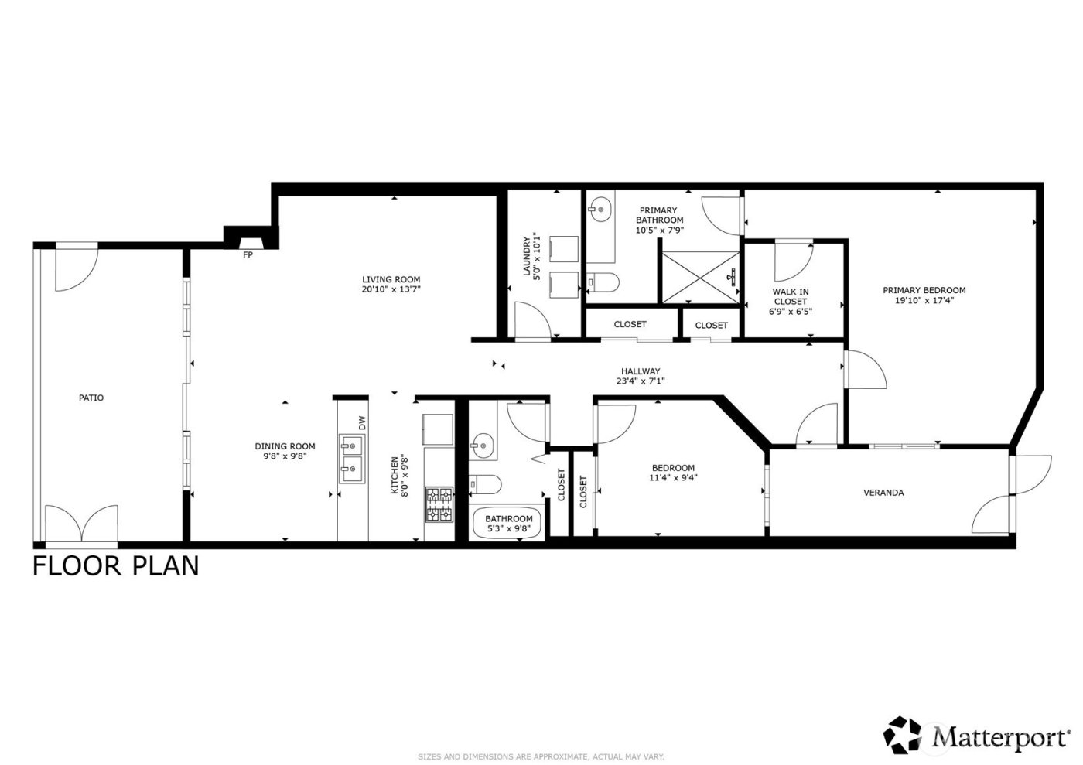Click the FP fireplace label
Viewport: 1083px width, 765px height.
[248, 254]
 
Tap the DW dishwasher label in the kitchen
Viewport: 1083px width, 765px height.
[361, 422]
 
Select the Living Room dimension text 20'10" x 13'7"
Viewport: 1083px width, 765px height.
[391, 290]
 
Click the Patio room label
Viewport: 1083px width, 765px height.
[91, 398]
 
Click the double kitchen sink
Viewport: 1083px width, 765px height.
[353, 457]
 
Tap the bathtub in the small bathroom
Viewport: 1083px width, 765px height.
[508, 524]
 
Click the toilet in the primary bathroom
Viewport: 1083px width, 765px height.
[603, 282]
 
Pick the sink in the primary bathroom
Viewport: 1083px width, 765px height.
[600, 207]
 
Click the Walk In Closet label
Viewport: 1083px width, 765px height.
[790, 296]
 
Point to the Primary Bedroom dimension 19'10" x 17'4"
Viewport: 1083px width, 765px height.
[924, 301]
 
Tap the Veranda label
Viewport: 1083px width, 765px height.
[883, 493]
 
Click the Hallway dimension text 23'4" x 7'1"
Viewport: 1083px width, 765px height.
[641, 381]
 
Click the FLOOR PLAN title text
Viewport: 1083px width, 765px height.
[116, 566]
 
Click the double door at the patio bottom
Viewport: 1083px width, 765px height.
[81, 524]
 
